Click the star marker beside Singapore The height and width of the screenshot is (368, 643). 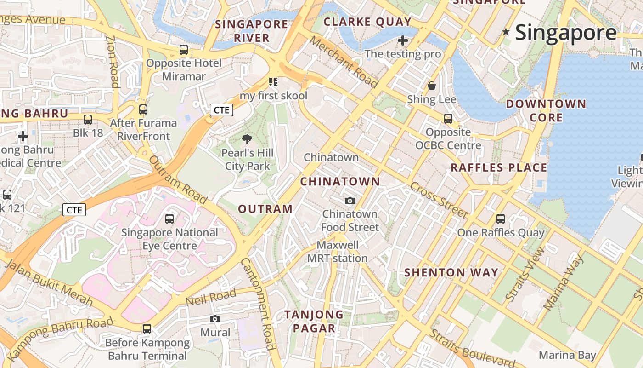pos(506,32)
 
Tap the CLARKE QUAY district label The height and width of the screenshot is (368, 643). pos(367,22)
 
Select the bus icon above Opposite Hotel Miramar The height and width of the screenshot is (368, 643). pos(184,50)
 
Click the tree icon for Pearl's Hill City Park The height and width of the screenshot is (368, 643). pos(247,139)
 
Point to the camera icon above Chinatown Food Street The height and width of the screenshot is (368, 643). pos(350,201)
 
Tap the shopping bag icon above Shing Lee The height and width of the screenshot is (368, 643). pos(432,86)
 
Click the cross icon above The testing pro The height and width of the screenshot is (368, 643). pos(403,40)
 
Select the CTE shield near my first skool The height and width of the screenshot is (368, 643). pos(221,110)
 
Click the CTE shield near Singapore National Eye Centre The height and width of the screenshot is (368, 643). pos(74,210)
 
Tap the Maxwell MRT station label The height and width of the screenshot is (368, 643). pos(338,252)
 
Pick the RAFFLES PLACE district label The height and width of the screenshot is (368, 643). pos(499,167)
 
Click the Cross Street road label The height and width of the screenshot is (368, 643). pos(439,200)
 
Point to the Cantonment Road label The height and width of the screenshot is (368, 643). pos(258,304)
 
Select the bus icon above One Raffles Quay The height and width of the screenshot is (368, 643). pos(501,219)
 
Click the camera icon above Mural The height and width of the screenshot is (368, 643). pos(214,319)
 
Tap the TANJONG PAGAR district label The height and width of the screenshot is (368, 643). pos(314,321)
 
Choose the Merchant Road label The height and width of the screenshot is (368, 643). pos(344,62)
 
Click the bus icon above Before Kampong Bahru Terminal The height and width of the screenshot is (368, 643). pos(147,329)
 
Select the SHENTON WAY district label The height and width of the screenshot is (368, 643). pos(451,272)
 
